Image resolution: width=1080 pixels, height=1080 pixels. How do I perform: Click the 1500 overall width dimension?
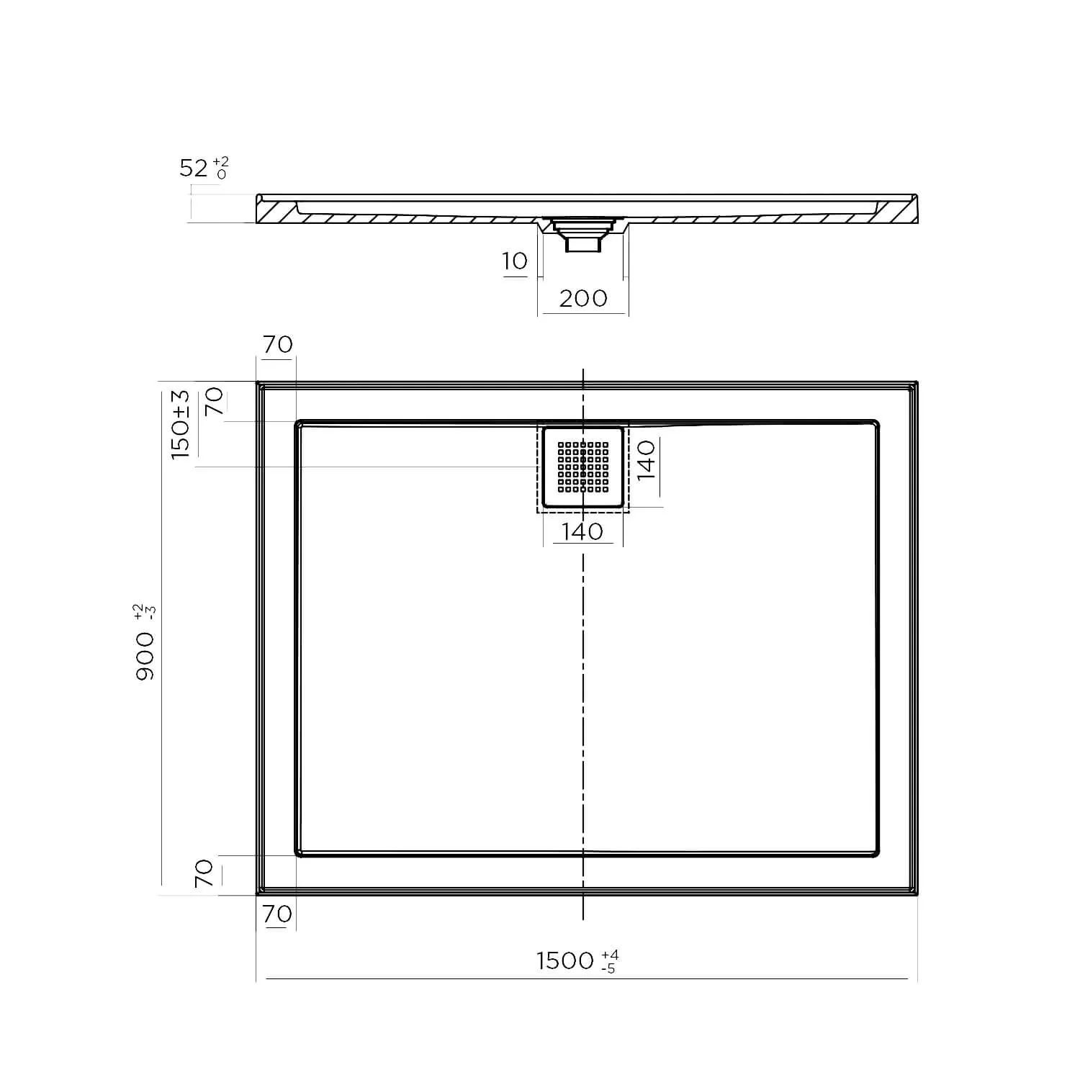pos(565,960)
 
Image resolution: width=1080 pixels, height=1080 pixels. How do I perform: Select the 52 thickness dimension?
pos(193,168)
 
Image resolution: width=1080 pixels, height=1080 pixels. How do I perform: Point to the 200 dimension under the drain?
pos(583,298)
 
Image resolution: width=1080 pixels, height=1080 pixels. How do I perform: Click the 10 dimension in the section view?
pos(515,261)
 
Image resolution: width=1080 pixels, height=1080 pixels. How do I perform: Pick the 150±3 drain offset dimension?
pos(180,425)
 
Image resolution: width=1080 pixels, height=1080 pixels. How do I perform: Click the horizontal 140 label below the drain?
pos(582,531)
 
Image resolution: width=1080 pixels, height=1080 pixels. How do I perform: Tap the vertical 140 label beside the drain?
pos(646,459)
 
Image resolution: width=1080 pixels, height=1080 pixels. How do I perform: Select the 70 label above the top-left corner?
pos(277,345)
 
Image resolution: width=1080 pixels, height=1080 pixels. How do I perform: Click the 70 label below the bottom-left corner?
pos(277,914)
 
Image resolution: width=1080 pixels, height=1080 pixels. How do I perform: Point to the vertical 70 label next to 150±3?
pos(215,401)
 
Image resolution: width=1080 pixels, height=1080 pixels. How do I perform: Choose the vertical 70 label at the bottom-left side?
pos(204,873)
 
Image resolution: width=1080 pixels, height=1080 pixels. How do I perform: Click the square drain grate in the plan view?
pos(582,467)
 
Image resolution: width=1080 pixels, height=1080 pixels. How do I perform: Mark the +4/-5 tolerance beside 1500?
pos(609,962)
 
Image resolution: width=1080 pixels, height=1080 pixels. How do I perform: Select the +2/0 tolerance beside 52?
pos(221,167)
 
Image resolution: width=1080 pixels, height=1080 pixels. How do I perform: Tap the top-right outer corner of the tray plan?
pos(917,383)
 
